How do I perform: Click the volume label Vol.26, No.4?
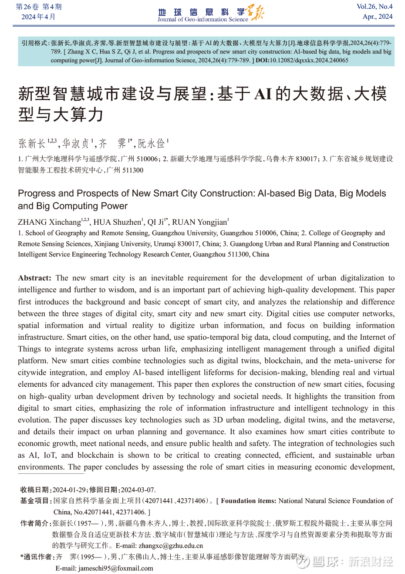point(375,7)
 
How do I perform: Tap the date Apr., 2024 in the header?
point(378,17)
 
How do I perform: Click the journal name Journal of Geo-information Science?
point(202,19)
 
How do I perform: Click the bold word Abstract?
point(34,278)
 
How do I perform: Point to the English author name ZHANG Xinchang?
point(50,222)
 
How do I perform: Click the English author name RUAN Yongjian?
point(199,222)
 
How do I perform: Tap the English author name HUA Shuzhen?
point(117,222)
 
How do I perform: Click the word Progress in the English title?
point(37,193)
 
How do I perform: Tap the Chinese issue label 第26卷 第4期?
point(39,7)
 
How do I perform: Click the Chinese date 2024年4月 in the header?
point(39,17)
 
